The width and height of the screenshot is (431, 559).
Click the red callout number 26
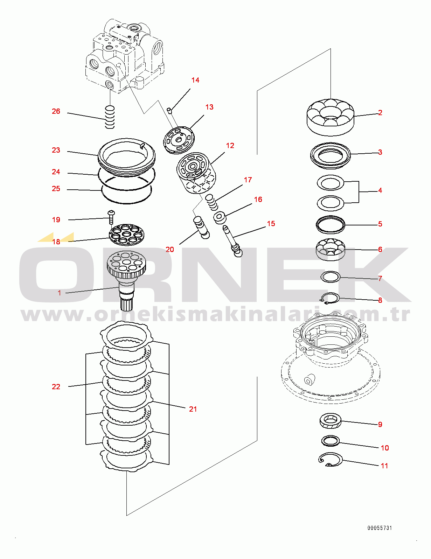coord(56,111)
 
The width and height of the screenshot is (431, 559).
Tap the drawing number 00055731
coord(380,528)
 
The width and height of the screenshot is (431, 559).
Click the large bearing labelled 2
coord(331,117)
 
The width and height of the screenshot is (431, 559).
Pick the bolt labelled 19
coord(111,217)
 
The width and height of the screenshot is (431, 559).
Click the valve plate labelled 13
coord(179,140)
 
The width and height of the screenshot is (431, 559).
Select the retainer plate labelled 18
coord(126,235)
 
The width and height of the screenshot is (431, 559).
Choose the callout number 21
coord(193,409)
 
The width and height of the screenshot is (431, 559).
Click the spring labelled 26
coord(110,117)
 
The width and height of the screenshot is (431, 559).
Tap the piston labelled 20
coord(201,228)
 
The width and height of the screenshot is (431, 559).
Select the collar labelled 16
coord(220,218)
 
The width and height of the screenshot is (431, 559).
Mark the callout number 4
coord(380,190)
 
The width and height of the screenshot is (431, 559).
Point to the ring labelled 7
coord(331,277)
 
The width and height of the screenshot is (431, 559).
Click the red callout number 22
coord(56,387)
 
